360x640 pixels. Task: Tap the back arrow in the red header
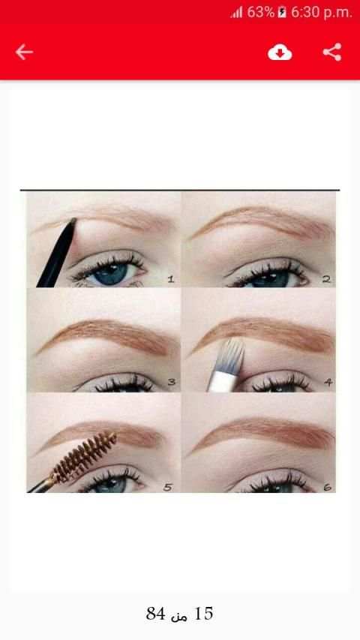pos(24,53)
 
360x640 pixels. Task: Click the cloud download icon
pos(280,53)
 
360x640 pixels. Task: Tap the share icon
pos(331,53)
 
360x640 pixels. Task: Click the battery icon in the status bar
pos(282,13)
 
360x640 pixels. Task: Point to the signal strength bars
pos(237,13)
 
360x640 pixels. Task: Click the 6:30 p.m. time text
pos(321,13)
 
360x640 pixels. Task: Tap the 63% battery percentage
pos(260,13)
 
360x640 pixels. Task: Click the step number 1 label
pos(170,279)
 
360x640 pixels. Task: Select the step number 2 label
pos(325,279)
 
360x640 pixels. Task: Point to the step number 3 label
pos(172,383)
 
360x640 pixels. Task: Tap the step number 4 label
pos(328,383)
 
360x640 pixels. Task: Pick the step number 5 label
pos(168,487)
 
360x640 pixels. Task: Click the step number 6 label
pos(327,487)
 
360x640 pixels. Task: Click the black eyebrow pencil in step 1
pos(57,253)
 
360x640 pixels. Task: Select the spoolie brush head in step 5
pos(84,457)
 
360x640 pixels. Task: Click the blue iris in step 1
pos(110,274)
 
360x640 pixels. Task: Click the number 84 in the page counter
pos(155,614)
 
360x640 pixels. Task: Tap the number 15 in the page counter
pos(204,614)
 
